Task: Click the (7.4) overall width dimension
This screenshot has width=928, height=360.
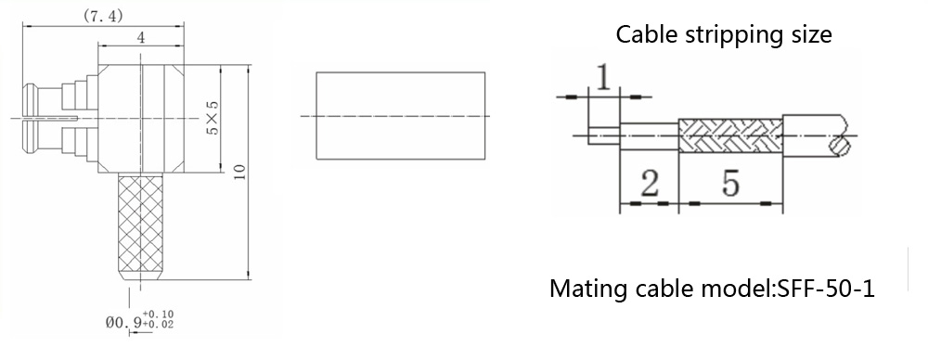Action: [102, 16]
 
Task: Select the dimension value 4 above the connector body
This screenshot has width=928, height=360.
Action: [141, 37]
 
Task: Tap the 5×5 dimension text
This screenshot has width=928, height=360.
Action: [212, 117]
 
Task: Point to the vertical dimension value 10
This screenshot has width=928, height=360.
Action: [239, 173]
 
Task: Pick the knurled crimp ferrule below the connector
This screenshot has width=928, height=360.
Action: [141, 226]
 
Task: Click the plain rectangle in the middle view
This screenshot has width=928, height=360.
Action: [401, 115]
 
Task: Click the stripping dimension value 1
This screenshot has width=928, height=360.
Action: [603, 78]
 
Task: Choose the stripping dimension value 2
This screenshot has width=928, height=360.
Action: [650, 184]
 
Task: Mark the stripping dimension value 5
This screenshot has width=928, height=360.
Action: [731, 184]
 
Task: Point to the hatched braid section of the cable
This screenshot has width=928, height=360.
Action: [730, 135]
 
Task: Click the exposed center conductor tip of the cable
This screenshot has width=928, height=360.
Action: [604, 135]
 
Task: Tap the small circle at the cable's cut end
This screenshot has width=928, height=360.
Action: [839, 147]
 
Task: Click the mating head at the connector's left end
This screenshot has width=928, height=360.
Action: [31, 118]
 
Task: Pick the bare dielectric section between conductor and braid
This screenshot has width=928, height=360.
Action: [650, 135]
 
